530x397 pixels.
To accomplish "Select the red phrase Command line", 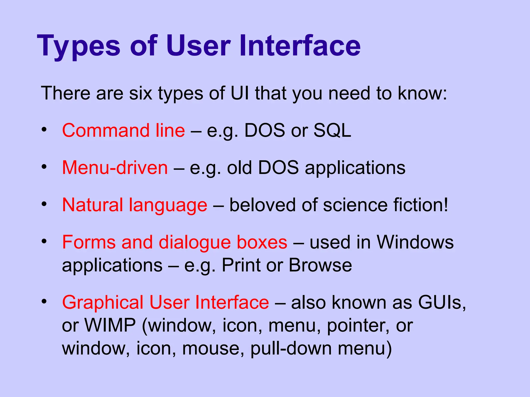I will pyautogui.click(x=123, y=130).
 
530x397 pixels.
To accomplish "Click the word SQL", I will pyautogui.click(x=332, y=130).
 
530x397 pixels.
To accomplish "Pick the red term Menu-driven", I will pyautogui.click(x=115, y=168).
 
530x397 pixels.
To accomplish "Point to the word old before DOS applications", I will pyautogui.click(x=239, y=168).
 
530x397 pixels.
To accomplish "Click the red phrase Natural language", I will pyautogui.click(x=135, y=205).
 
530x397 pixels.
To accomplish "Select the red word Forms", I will pyautogui.click(x=89, y=242).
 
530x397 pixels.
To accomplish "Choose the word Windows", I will pyautogui.click(x=415, y=242).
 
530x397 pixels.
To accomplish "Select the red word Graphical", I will pyautogui.click(x=103, y=302).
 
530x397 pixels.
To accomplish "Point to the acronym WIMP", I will pyautogui.click(x=110, y=325).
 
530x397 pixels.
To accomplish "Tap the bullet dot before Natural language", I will pyautogui.click(x=44, y=204).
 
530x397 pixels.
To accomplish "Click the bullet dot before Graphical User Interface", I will pyautogui.click(x=44, y=301).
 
